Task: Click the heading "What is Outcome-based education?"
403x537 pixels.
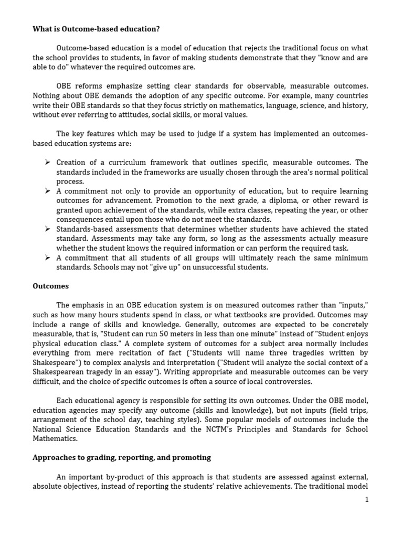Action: [96, 29]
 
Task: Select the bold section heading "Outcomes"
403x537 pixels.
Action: [50, 286]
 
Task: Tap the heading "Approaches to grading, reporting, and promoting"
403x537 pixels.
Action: [122, 457]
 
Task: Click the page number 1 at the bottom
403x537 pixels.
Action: [367, 500]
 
